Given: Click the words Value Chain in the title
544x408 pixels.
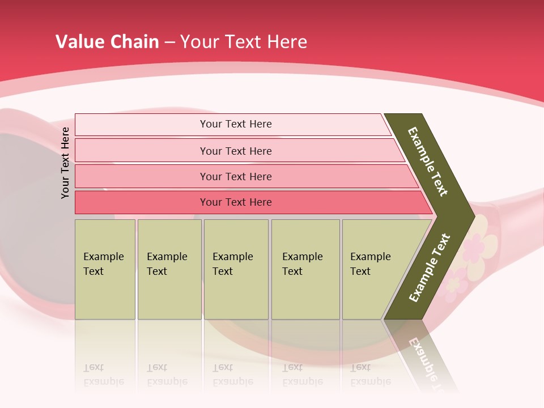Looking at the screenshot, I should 107,41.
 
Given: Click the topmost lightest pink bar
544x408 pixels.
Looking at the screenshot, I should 235,124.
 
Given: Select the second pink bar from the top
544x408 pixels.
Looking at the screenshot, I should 235,151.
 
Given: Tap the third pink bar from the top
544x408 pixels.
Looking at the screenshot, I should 235,176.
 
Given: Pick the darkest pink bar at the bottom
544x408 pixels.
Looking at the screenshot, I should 235,202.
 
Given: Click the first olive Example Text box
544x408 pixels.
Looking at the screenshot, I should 105,269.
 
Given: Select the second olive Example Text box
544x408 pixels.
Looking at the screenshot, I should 169,269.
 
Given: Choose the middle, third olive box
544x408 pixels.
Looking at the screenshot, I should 236,269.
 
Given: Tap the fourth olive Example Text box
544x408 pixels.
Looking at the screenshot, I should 305,269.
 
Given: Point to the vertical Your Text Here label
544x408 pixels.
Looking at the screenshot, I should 65,163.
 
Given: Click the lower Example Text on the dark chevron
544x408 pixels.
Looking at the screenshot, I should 430,268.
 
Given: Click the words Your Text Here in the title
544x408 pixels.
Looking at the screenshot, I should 244,41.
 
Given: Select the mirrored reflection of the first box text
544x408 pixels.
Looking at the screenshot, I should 103,375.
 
